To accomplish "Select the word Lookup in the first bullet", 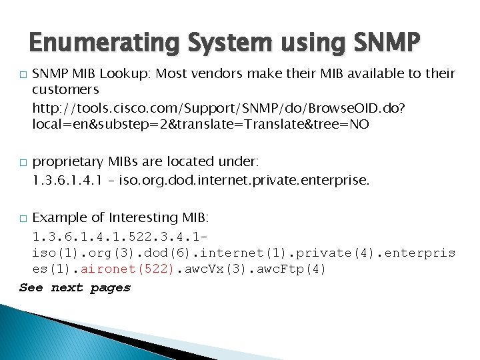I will click(x=111, y=73).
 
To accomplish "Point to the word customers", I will click(x=65, y=89).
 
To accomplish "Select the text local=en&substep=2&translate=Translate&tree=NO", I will click(x=200, y=124).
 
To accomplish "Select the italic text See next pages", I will click(x=75, y=288).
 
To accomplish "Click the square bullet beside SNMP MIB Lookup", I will click(x=23, y=73).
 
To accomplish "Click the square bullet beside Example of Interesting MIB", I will click(x=23, y=219).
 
